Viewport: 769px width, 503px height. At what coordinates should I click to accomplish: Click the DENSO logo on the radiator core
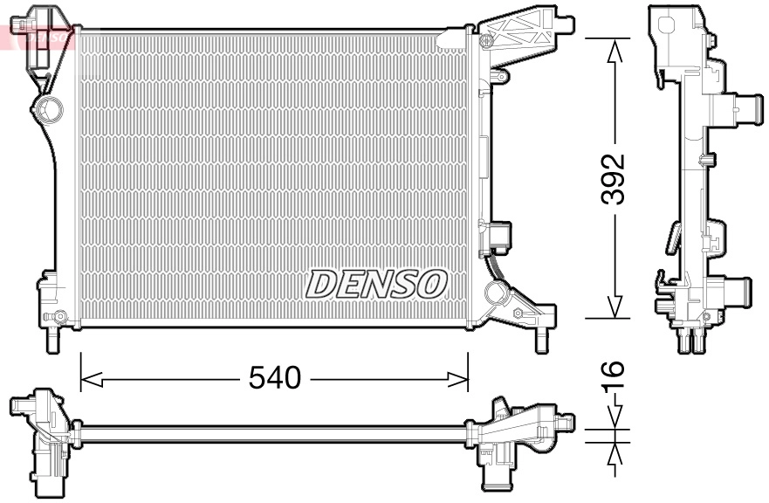(x=376, y=283)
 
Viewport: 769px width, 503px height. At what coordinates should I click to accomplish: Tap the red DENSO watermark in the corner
(x=35, y=36)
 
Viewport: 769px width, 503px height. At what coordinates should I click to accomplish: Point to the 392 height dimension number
(x=615, y=179)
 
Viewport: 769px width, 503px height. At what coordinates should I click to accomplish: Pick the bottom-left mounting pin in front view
(x=51, y=340)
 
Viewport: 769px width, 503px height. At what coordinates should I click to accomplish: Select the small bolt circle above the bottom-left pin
(x=59, y=316)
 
